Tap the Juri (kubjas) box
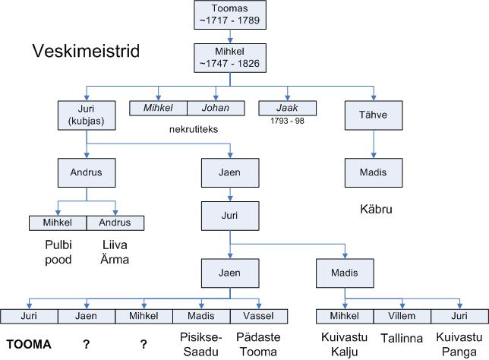pyautogui.click(x=87, y=115)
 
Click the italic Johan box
pyautogui.click(x=215, y=108)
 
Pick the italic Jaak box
pyautogui.click(x=288, y=108)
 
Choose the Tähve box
pyautogui.click(x=374, y=115)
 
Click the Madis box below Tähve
pyautogui.click(x=374, y=172)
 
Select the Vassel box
pyautogui.click(x=260, y=315)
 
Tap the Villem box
pyautogui.click(x=402, y=315)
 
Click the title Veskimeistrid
pyautogui.click(x=85, y=52)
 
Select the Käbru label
pyautogui.click(x=374, y=207)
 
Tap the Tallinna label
pyautogui.click(x=402, y=343)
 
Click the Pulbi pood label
pyautogui.click(x=57, y=253)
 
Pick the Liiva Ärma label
pyautogui.click(x=115, y=253)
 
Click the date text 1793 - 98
pyautogui.click(x=288, y=121)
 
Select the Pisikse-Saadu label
pyautogui.click(x=201, y=343)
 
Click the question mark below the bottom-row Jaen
pyautogui.click(x=87, y=344)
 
